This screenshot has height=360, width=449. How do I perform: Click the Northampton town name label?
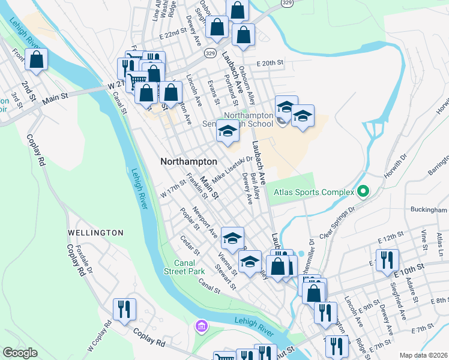pos(188,162)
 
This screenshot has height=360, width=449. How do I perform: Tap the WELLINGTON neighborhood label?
pos(95,233)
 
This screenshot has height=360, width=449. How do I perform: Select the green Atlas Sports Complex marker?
pos(363,193)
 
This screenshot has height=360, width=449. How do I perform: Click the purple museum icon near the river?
pos(200,326)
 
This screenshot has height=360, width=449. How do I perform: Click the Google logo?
pos(20,352)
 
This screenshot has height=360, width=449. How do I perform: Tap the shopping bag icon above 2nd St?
pos(37,60)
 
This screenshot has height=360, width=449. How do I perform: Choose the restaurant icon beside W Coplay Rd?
pos(124,309)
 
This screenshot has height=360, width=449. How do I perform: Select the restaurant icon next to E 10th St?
pos(387,260)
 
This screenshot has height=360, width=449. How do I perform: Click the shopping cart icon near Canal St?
pos(137,79)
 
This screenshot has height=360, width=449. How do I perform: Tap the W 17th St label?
pos(174,191)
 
